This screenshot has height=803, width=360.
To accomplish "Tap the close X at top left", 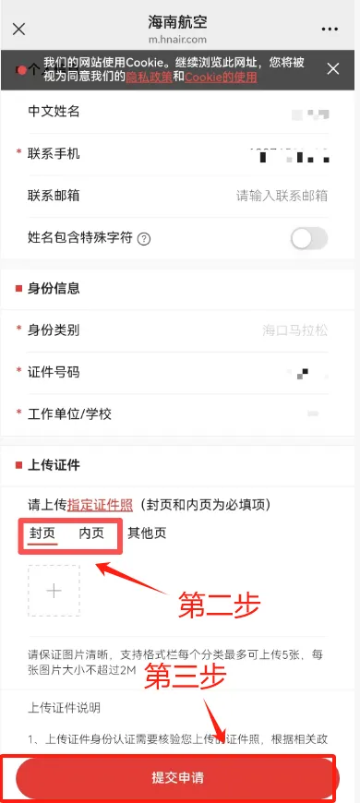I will tap(19, 28).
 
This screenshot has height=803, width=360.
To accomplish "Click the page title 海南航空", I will tap(180, 21).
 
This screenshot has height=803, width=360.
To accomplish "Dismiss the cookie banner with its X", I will tap(334, 69).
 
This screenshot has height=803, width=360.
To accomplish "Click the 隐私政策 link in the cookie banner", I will tap(154, 78).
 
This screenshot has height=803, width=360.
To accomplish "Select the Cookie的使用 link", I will tap(221, 78).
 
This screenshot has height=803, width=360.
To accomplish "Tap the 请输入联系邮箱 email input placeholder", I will tap(282, 196).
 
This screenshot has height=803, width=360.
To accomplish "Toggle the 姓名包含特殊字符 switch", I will tap(308, 239).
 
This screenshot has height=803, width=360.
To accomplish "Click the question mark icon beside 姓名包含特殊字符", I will tap(144, 239).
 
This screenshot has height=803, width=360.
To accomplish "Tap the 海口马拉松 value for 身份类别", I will tap(295, 330).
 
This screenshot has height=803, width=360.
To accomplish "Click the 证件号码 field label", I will tap(54, 372).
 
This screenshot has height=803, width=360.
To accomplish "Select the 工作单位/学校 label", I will tap(70, 413).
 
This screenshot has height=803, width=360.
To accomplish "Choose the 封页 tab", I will tap(42, 533).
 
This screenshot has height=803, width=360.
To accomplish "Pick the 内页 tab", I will tap(91, 533).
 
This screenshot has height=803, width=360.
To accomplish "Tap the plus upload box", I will tap(54, 590).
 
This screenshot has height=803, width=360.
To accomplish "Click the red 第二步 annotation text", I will tap(220, 606).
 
